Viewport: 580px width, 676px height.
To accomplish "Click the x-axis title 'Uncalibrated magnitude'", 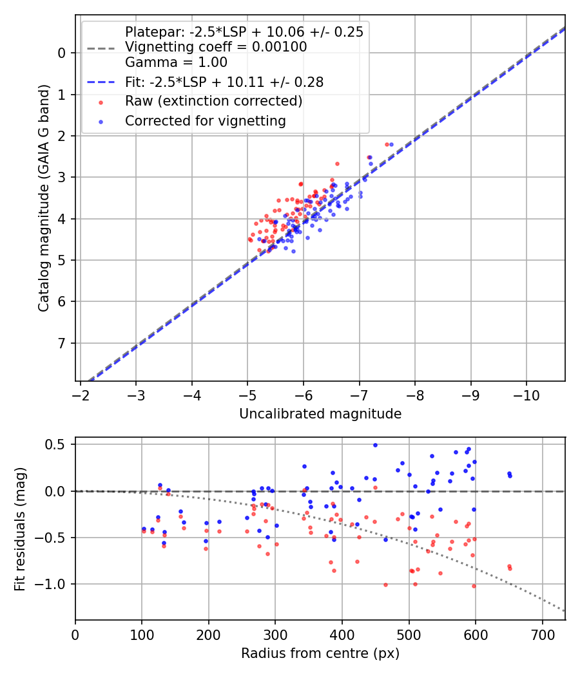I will pos(320,414).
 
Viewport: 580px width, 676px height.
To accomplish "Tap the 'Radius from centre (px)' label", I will pos(320,653).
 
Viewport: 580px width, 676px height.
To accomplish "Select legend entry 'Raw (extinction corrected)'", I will pos(213,101).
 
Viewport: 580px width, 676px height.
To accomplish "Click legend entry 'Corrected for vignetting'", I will pos(205,120).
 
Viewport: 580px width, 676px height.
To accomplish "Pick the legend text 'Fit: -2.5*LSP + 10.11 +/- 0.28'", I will pos(224,82).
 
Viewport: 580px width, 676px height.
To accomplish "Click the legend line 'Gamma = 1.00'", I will pos(176,62).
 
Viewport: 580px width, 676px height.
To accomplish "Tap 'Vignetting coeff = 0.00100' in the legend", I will pos(215,47).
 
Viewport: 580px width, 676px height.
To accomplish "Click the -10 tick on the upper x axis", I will pos(527,392).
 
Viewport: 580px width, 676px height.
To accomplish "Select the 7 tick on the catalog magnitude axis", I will pos(63,343).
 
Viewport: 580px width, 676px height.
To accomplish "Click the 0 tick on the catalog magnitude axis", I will pos(63,53).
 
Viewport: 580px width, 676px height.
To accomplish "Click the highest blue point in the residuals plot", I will pos(375,445).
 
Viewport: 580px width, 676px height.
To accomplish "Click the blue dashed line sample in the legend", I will pos(101,82).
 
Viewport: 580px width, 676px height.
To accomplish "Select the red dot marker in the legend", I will pos(101,102).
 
